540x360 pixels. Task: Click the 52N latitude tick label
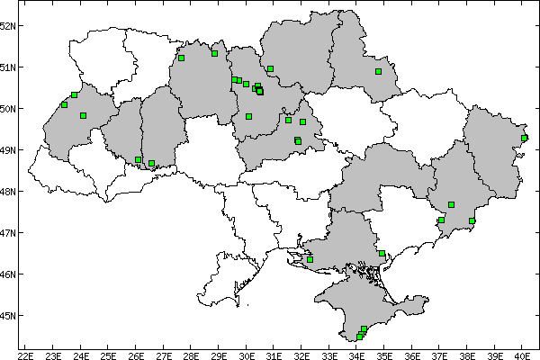(x=8, y=25)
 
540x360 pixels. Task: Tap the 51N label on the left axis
(x=8, y=67)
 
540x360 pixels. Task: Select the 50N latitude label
(x=8, y=108)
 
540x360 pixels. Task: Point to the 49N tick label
(x=8, y=149)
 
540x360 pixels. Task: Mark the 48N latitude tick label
(x=8, y=191)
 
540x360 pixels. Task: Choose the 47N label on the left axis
(x=8, y=232)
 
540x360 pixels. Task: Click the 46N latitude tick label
(x=8, y=274)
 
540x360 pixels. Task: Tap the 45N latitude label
(x=8, y=315)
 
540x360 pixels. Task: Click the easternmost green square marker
(x=524, y=138)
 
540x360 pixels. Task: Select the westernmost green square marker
(x=64, y=104)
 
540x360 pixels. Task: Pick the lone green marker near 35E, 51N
(x=378, y=72)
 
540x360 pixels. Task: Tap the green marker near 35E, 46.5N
(x=382, y=254)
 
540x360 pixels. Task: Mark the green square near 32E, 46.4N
(x=310, y=259)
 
